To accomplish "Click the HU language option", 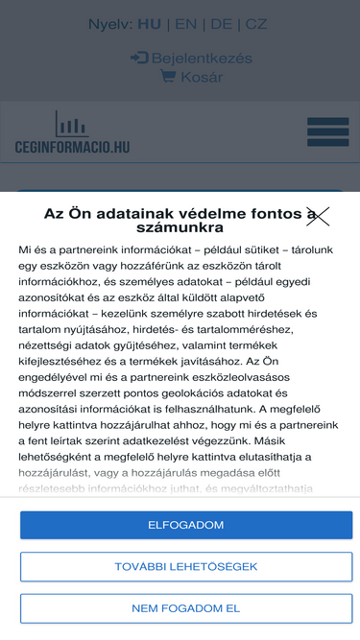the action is click(x=149, y=24).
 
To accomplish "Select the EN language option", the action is click(x=185, y=24).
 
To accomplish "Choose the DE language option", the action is click(x=221, y=24).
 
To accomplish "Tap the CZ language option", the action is click(x=256, y=24).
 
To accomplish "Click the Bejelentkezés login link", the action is click(x=195, y=58).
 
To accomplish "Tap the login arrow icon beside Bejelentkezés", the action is click(x=139, y=58).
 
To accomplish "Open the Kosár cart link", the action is click(x=202, y=77).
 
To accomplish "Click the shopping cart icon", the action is click(x=168, y=77).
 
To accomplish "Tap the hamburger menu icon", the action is click(x=327, y=131).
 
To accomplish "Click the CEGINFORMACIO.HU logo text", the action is click(x=72, y=147).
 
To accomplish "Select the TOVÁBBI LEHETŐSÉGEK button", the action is click(x=186, y=566).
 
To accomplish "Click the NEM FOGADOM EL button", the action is click(x=186, y=608).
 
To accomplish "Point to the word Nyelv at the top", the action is click(x=108, y=24).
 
